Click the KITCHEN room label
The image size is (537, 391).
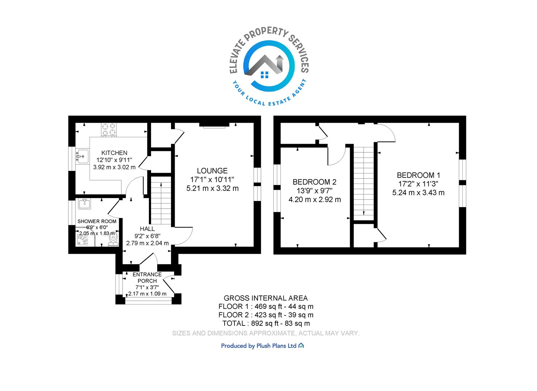point(115,153)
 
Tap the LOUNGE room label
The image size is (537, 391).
point(212,171)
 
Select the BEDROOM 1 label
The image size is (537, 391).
point(419,175)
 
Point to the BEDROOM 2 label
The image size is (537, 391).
point(315,182)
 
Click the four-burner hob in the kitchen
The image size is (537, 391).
point(109,130)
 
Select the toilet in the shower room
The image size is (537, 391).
point(113,239)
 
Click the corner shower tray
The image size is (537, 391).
point(85,239)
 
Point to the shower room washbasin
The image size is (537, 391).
point(84,204)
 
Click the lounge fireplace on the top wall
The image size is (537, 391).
point(214,125)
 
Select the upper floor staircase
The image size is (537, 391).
point(364,183)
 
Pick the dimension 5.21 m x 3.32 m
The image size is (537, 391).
point(212,188)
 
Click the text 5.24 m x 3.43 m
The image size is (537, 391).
point(419,193)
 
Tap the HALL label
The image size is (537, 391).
point(147,229)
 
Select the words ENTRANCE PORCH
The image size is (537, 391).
point(147,278)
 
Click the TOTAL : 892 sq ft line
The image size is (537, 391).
point(266,323)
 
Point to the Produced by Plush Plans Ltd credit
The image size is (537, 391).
point(262,346)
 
